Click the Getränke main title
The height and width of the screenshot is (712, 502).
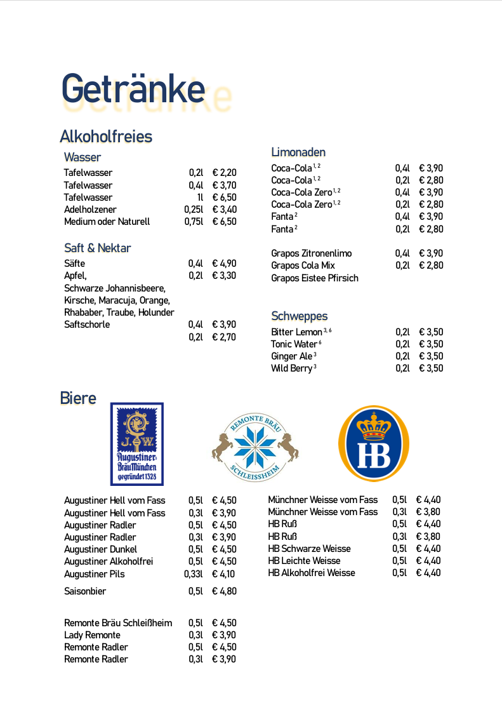coord(133,89)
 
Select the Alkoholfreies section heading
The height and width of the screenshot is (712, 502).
coord(105,137)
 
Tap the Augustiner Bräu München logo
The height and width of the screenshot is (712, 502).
coord(136,444)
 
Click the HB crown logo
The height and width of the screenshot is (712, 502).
coord(374,443)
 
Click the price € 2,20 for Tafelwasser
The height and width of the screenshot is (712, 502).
coord(224,173)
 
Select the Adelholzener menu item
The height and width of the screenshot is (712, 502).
coord(90,210)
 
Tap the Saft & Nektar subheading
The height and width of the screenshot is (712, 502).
coord(97,248)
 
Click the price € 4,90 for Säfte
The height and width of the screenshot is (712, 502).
coord(224,264)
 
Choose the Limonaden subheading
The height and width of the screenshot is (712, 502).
coord(298,152)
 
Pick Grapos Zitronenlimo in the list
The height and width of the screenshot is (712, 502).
coord(311,253)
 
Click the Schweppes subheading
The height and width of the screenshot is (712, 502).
coord(299,316)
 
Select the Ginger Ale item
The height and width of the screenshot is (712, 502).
coord(292,356)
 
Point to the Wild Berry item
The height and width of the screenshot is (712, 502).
coord(292,368)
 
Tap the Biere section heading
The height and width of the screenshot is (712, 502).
coord(78,398)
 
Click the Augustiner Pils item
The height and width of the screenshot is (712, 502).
coord(95,574)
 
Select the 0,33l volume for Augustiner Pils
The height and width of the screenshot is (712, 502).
coord(194,574)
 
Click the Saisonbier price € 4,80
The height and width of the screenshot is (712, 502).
coord(224,591)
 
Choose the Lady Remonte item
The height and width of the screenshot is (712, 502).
coord(92,635)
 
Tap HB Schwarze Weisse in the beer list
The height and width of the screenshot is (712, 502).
coord(309,549)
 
